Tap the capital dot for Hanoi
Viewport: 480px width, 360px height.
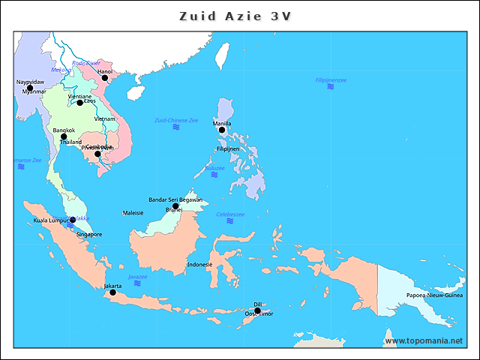tap(105, 78)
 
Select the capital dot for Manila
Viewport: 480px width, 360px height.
tap(222, 130)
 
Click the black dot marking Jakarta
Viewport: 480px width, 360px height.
tap(113, 292)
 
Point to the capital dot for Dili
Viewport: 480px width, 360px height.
tap(257, 310)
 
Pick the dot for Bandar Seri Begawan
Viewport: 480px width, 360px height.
tap(175, 206)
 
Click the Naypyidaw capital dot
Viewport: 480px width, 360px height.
tap(30, 88)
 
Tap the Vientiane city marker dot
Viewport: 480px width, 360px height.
tap(80, 103)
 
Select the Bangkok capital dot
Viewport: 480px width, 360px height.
tap(64, 136)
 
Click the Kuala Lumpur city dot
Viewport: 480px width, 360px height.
tap(73, 220)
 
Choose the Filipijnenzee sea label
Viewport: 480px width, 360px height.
tap(331, 79)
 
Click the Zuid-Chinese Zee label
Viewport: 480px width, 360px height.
tap(176, 120)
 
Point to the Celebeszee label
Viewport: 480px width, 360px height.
tap(230, 214)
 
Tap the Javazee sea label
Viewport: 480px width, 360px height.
tap(137, 277)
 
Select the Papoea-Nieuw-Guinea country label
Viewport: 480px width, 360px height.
tap(434, 295)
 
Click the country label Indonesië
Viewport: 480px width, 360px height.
tap(199, 265)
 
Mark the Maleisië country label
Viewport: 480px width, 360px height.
tap(133, 213)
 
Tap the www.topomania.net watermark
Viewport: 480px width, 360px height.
tap(424, 341)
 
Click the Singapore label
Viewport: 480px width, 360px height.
tap(89, 235)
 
